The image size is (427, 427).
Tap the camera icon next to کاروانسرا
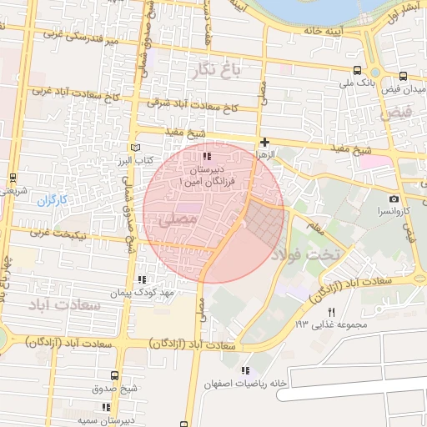click(394, 199)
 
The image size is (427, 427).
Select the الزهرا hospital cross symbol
click(264, 143)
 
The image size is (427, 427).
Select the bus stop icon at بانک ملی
click(358, 71)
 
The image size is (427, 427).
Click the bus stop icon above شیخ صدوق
click(113, 376)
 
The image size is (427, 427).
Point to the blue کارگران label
click(51, 200)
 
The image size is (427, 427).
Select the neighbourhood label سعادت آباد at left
click(63, 305)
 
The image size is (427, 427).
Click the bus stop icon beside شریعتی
click(13, 178)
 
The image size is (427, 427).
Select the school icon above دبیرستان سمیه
click(106, 407)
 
